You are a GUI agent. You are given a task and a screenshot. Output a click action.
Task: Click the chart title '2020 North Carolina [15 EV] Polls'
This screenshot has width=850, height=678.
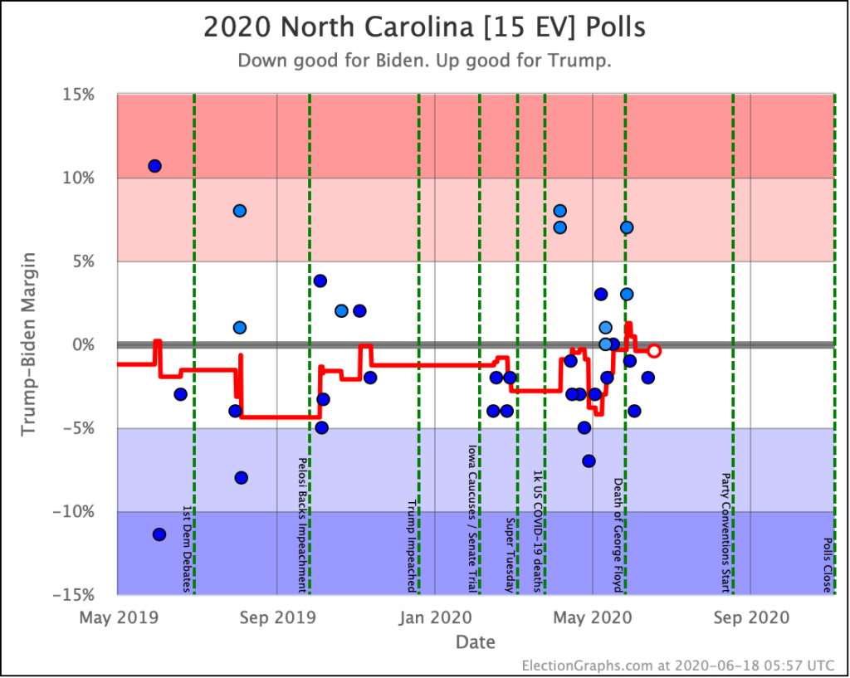tap(424, 28)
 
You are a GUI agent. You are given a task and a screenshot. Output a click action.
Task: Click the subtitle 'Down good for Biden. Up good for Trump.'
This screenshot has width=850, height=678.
tap(424, 61)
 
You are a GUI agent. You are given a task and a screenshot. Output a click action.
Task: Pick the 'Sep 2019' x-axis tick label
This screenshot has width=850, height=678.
tap(276, 617)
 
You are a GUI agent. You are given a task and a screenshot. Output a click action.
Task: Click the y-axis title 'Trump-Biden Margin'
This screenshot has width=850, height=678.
tap(29, 344)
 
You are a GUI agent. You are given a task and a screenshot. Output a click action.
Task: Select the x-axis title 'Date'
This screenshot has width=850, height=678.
tap(476, 642)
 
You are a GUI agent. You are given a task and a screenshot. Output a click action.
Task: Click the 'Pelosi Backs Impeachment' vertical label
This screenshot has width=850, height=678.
tap(303, 524)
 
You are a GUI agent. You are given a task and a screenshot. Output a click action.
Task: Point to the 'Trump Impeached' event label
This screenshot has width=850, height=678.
tap(411, 545)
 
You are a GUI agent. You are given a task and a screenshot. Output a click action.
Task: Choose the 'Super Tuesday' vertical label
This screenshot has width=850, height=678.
tap(510, 555)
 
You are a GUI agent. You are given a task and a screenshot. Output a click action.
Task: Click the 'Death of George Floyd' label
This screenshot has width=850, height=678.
tap(618, 534)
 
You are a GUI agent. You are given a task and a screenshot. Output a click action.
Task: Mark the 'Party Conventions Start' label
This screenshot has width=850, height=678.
tap(725, 533)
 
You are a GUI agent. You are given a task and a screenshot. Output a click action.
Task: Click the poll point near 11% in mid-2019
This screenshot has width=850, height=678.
tap(154, 166)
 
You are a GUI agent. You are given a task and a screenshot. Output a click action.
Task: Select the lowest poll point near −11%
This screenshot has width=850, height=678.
tap(159, 534)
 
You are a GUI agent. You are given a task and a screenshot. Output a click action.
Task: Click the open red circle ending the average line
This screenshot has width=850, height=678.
tap(654, 351)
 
